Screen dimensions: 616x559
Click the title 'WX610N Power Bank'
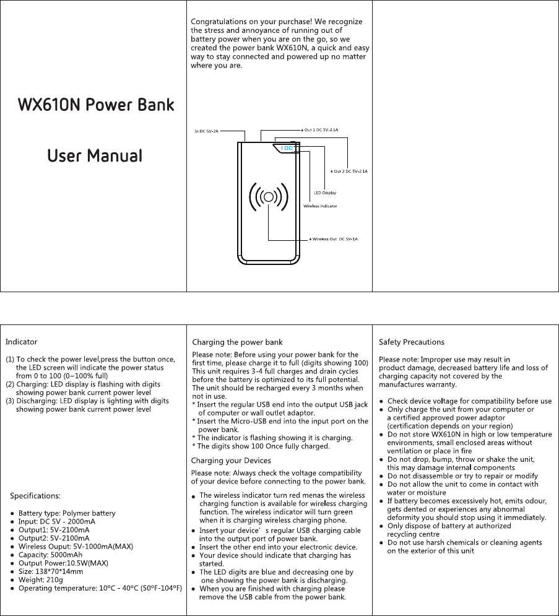95,104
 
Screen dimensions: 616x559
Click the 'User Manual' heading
95,155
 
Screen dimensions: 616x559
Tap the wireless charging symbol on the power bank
269,197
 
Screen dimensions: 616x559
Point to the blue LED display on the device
286,148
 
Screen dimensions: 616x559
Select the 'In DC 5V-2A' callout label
207,131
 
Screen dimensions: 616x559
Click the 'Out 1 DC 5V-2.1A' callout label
320,130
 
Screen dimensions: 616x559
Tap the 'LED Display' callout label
325,193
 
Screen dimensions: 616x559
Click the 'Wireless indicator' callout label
319,206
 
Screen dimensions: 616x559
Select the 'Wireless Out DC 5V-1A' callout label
334,238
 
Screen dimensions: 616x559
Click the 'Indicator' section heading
22,342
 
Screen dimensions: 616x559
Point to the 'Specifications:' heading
36,496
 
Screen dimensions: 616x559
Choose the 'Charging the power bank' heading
238,342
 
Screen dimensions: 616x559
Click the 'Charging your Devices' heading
231,461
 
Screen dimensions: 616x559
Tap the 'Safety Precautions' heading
411,342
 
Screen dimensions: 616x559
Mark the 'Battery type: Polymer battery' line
66,513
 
